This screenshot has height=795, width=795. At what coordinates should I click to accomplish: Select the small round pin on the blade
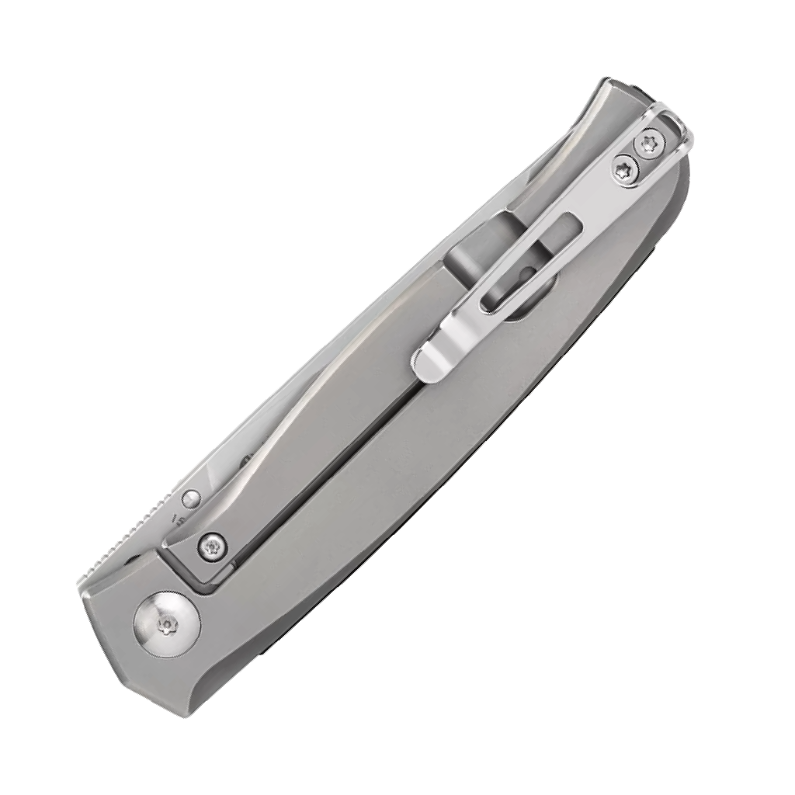coord(189,498)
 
